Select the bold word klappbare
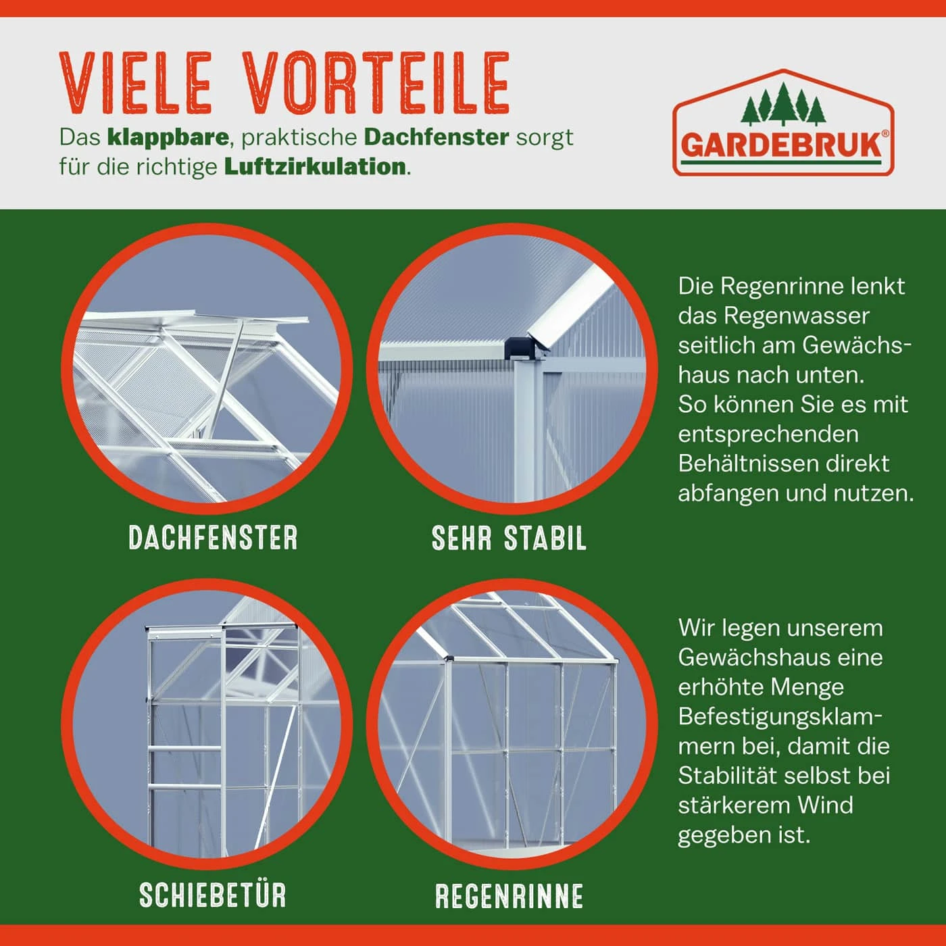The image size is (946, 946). point(168,138)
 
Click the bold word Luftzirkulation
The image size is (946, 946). point(315,166)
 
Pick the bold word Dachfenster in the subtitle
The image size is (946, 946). point(437,137)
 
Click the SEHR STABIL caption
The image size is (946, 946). point(509,538)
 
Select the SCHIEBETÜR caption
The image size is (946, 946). point(213,895)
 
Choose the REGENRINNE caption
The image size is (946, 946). point(509,895)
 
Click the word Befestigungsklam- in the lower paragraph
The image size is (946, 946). point(780,717)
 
